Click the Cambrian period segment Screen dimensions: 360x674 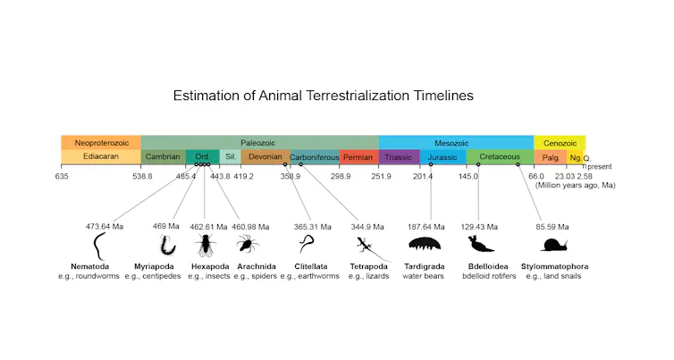pos(163,157)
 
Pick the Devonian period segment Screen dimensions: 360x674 pos(265,157)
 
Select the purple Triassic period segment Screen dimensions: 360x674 pos(399,157)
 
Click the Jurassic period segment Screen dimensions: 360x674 pos(442,157)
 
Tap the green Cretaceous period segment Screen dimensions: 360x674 pos(499,157)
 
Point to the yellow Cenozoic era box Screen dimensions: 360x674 pos(560,143)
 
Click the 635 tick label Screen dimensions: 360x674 pos(62,176)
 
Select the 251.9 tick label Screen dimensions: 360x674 pos(381,176)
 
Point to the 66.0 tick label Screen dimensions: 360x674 pos(535,176)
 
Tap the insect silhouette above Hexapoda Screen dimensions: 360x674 pos(205,243)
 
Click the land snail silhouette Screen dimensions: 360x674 pos(554,244)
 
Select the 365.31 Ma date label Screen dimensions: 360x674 pos(313,227)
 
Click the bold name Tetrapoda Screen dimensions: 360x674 pos(369,266)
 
